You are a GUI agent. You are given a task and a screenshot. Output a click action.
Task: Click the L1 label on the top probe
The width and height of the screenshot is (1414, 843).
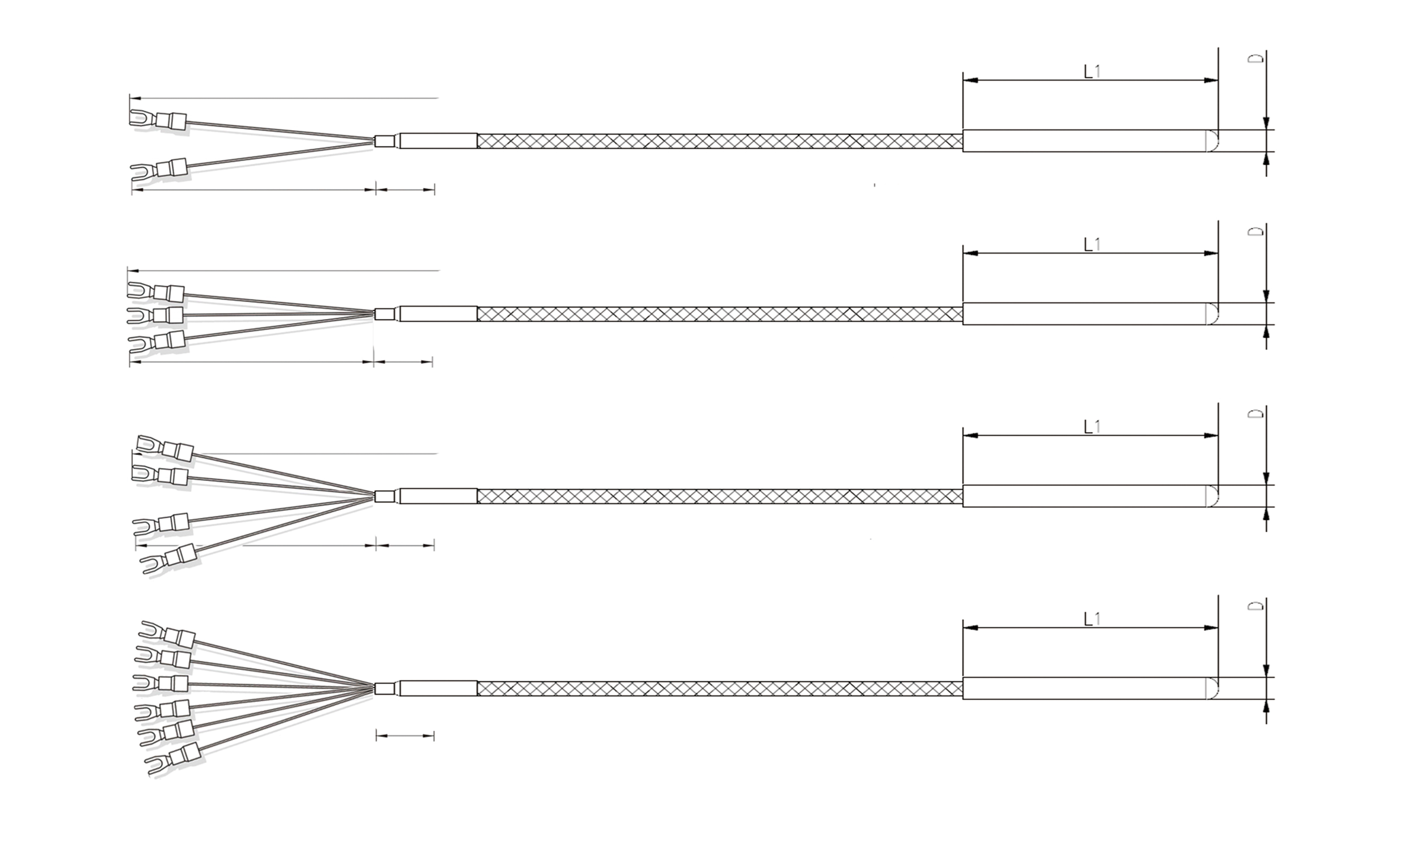pyautogui.click(x=1092, y=71)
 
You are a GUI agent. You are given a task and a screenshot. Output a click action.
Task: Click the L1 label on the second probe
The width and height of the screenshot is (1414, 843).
pyautogui.click(x=1092, y=245)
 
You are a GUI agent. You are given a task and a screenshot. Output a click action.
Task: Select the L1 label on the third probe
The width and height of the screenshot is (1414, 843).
pyautogui.click(x=1092, y=427)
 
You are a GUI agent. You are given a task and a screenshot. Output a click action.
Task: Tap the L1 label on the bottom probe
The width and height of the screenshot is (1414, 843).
pyautogui.click(x=1092, y=619)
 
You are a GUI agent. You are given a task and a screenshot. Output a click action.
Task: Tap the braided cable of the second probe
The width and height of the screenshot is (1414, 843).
pyautogui.click(x=719, y=314)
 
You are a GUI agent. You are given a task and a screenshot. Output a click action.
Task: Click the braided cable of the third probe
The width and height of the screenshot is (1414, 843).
pyautogui.click(x=719, y=496)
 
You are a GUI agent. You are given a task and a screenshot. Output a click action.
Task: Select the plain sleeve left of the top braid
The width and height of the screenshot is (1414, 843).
pyautogui.click(x=438, y=141)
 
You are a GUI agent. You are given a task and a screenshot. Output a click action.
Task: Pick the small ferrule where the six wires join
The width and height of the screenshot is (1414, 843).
pyautogui.click(x=384, y=689)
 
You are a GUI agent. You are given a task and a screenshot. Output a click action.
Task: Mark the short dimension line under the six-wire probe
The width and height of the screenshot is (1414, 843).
pyautogui.click(x=405, y=736)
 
